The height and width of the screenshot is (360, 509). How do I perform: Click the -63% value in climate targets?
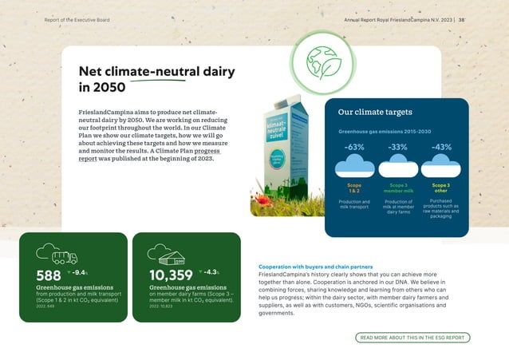pos(355,147)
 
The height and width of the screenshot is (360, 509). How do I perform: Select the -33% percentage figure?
pos(398,147)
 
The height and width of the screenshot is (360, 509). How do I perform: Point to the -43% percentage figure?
pos(441,147)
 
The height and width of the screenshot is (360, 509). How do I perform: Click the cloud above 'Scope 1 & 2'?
pos(355,165)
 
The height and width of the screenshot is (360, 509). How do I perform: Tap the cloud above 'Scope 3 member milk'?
pos(398,165)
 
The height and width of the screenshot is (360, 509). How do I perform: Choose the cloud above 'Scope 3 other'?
pos(441,165)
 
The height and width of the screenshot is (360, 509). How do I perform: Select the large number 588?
pos(49,275)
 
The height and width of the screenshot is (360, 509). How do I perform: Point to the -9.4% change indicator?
pos(78,272)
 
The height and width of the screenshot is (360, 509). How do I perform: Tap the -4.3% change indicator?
pos(209,272)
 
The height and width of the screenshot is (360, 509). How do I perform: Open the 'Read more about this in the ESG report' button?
pos(412,338)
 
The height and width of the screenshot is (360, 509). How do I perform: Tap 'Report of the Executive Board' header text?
pos(77,19)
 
